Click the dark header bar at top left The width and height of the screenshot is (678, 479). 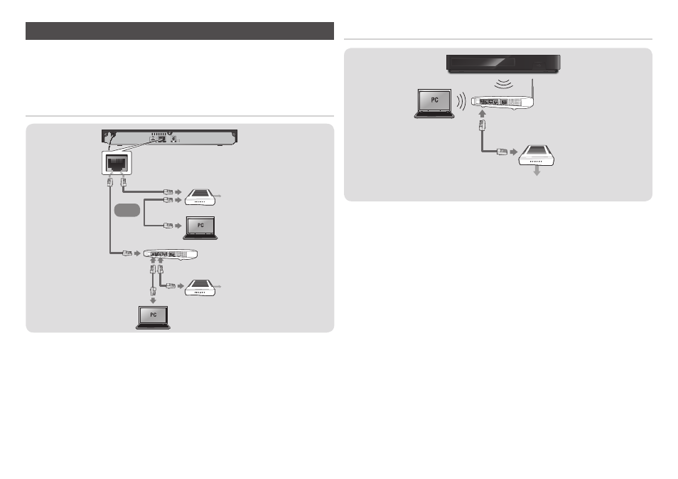pos(179,31)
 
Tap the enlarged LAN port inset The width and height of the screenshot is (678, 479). pos(117,163)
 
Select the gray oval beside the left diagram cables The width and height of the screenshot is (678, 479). pos(127,210)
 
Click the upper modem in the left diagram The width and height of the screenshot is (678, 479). pos(200,197)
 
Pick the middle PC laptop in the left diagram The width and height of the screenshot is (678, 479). pos(200,228)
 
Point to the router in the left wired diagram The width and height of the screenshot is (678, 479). pos(171,254)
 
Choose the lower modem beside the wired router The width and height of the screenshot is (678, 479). pos(200,288)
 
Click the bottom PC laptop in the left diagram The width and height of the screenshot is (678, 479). pos(153,317)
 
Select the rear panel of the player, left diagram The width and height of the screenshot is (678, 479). pos(169,137)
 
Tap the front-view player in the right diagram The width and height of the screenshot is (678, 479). pos(503,63)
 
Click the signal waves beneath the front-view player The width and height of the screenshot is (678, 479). pos(503,84)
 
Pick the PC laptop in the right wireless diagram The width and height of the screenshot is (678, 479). pos(434,103)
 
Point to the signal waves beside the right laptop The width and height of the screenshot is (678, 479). pos(461,101)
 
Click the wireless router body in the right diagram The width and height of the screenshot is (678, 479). pos(502,102)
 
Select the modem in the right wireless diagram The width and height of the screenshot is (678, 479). pos(537,155)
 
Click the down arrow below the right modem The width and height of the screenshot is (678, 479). pos(537,171)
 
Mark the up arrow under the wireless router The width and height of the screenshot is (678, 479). pos(483,113)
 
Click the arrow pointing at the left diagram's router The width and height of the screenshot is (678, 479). pos(137,253)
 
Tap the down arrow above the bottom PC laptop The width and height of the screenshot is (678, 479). pos(153,300)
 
